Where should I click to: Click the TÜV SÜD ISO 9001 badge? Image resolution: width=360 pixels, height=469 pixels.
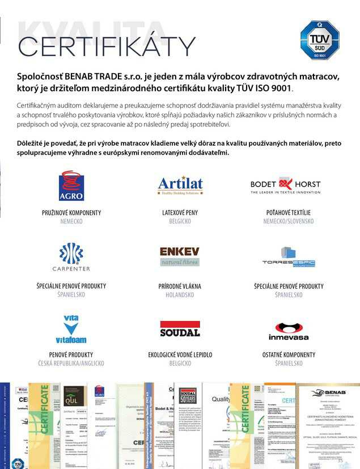pyautogui.click(x=319, y=40)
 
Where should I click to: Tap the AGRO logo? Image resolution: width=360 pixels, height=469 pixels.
pyautogui.click(x=71, y=185)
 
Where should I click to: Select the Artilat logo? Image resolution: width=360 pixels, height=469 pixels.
pyautogui.click(x=180, y=185)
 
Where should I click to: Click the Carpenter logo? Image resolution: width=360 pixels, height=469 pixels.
pyautogui.click(x=71, y=257)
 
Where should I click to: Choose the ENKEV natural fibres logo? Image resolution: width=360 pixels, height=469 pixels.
pyautogui.click(x=180, y=256)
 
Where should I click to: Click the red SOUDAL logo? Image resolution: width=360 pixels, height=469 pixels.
pyautogui.click(x=180, y=329)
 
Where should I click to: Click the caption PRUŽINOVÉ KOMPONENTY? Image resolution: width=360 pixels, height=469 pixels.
pyautogui.click(x=71, y=213)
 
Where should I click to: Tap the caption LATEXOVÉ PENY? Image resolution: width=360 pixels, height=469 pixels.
pyautogui.click(x=180, y=213)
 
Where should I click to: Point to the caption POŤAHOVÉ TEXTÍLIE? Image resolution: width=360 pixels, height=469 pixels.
pyautogui.click(x=289, y=213)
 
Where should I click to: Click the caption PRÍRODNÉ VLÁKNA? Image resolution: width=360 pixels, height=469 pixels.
pyautogui.click(x=180, y=286)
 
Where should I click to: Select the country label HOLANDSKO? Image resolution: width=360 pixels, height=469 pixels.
pyautogui.click(x=180, y=295)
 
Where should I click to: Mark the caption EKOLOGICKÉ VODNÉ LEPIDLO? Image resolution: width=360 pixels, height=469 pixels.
pyautogui.click(x=180, y=354)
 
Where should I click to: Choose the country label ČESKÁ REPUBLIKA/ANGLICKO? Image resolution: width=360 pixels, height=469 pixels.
pyautogui.click(x=71, y=363)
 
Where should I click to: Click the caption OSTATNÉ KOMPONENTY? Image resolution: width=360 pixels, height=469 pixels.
pyautogui.click(x=289, y=354)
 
